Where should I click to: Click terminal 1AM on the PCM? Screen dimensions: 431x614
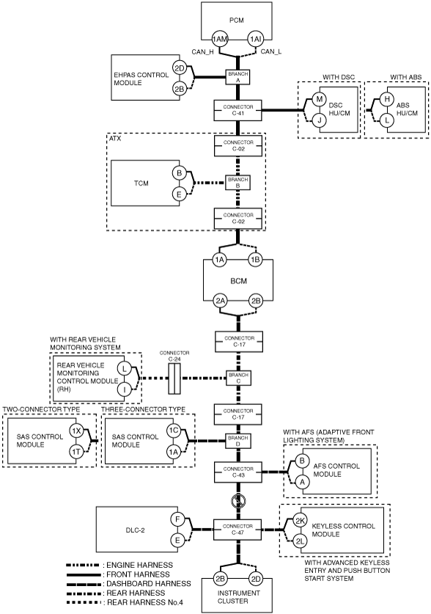click(219, 39)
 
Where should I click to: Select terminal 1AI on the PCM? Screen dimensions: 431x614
click(256, 39)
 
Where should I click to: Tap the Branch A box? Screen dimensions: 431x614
click(237, 77)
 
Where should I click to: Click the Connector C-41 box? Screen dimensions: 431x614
click(238, 110)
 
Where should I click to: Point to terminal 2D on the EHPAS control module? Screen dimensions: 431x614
click(179, 68)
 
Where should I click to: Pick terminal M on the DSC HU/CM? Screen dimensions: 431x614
click(319, 99)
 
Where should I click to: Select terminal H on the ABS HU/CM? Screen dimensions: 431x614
click(387, 99)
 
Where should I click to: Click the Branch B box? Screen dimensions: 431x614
click(237, 183)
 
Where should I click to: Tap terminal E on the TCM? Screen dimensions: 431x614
click(179, 194)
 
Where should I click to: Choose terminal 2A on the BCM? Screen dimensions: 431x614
click(220, 301)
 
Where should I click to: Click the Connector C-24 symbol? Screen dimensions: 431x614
click(174, 379)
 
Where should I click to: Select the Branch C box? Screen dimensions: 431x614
click(238, 378)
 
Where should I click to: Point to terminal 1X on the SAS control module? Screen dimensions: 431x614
click(76, 431)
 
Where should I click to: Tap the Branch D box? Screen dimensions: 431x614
click(238, 441)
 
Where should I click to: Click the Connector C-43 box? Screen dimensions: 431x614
click(238, 472)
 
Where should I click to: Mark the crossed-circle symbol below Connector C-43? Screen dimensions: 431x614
click(238, 502)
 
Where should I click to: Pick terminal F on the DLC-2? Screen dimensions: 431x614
click(177, 519)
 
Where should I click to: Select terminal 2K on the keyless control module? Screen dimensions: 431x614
click(300, 521)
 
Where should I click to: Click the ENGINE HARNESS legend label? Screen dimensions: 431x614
click(139, 565)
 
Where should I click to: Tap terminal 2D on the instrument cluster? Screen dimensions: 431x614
click(256, 579)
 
